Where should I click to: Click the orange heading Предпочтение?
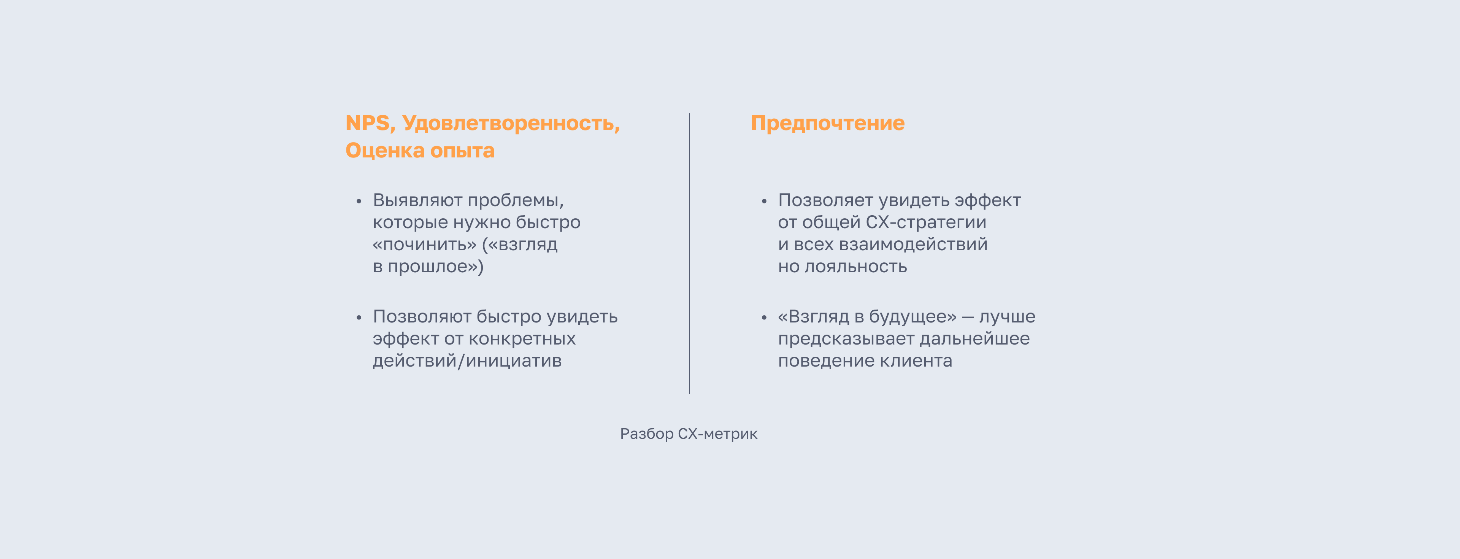(x=827, y=123)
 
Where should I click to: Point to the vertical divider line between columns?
(x=689, y=253)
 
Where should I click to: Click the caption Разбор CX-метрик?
(x=689, y=434)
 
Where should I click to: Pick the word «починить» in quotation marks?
(x=425, y=245)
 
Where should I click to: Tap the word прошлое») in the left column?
(x=436, y=267)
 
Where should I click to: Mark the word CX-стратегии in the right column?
(x=926, y=222)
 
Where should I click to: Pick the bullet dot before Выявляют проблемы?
(x=359, y=201)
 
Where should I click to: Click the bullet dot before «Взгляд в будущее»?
(x=764, y=318)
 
